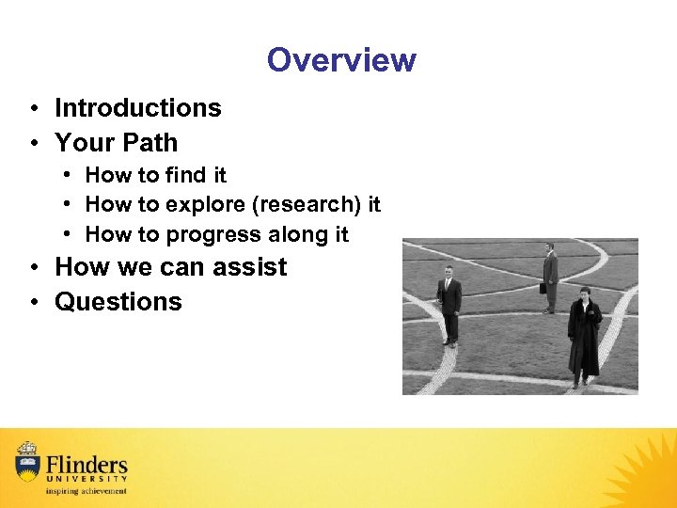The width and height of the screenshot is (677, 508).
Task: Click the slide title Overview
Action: tap(340, 60)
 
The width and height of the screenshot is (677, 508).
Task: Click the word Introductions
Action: tap(138, 108)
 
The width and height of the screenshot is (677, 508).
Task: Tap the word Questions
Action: tap(118, 302)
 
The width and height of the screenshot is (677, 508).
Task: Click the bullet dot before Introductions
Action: tap(33, 109)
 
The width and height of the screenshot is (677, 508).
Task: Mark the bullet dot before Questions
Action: tap(33, 303)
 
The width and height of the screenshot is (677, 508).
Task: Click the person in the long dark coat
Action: tap(583, 337)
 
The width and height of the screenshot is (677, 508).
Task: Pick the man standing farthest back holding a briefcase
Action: tap(549, 277)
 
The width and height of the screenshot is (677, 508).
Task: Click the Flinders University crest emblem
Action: tap(27, 462)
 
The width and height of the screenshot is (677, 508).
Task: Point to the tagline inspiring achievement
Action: tap(85, 491)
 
